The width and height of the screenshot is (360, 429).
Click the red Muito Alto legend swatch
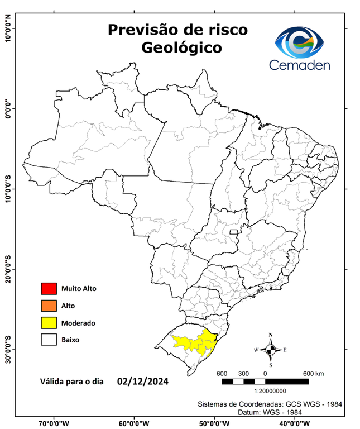point(49,289)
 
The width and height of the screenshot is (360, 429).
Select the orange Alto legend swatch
point(49,306)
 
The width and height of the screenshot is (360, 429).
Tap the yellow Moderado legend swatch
point(49,323)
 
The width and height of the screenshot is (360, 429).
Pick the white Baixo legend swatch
point(49,340)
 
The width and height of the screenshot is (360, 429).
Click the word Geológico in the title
point(181,48)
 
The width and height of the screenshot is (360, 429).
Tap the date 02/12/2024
point(143,382)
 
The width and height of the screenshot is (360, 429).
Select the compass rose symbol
point(271,350)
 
